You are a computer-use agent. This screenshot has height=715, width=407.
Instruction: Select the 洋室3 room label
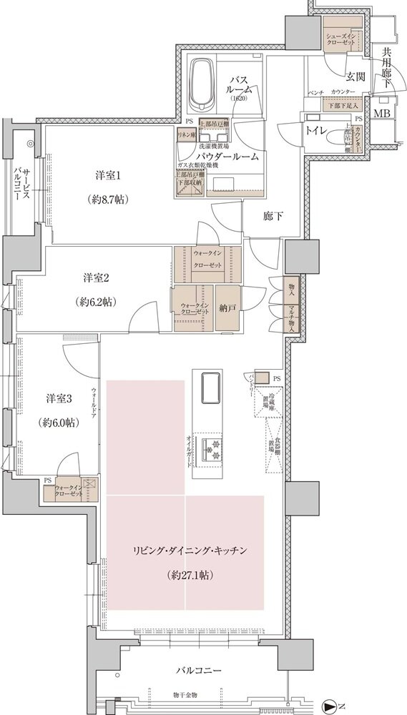(x=58, y=398)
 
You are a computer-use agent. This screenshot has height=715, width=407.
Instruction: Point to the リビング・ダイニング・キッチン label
(x=190, y=550)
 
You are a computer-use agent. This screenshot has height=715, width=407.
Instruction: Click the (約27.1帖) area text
(x=190, y=574)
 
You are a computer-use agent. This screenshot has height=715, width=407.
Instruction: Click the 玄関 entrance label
(x=355, y=77)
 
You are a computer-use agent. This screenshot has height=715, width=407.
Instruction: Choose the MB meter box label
(x=382, y=114)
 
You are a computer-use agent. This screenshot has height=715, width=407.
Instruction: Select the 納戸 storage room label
(x=228, y=309)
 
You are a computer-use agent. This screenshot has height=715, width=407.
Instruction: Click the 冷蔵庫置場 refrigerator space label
(x=264, y=408)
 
